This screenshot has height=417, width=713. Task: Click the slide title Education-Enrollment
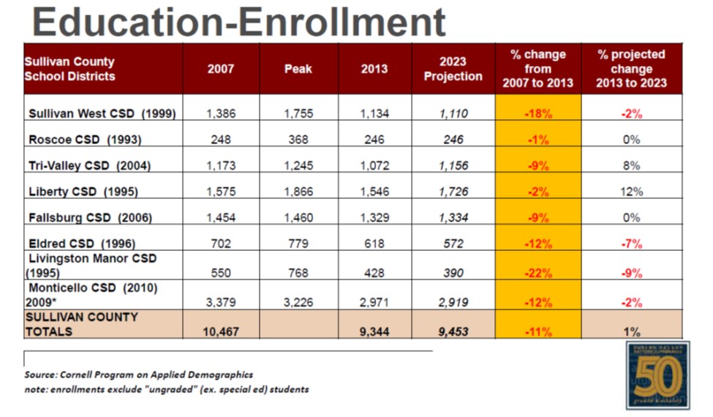pyautogui.click(x=239, y=22)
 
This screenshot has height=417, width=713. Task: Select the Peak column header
pyautogui.click(x=298, y=69)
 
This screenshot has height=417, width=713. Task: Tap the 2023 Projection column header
pyautogui.click(x=453, y=69)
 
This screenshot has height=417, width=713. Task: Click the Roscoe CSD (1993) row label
pyautogui.click(x=85, y=140)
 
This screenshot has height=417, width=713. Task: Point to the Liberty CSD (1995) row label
pyautogui.click(x=83, y=192)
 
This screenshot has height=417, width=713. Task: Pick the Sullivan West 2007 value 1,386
pyautogui.click(x=221, y=113)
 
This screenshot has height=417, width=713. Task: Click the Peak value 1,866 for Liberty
pyautogui.click(x=298, y=192)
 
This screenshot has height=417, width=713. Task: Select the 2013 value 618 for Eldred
pyautogui.click(x=374, y=244)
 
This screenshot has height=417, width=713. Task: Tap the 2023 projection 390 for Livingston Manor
pyautogui.click(x=453, y=273)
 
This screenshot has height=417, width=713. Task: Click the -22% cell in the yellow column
pyautogui.click(x=538, y=273)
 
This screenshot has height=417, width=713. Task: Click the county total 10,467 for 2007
pyautogui.click(x=220, y=331)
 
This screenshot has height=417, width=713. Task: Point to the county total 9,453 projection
pyautogui.click(x=453, y=331)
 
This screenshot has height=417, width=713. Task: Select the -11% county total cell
pyautogui.click(x=538, y=331)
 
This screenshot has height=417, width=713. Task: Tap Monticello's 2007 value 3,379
pyautogui.click(x=221, y=302)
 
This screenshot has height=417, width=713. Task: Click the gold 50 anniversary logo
pyautogui.click(x=657, y=375)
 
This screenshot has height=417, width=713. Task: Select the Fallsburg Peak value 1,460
pyautogui.click(x=298, y=218)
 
